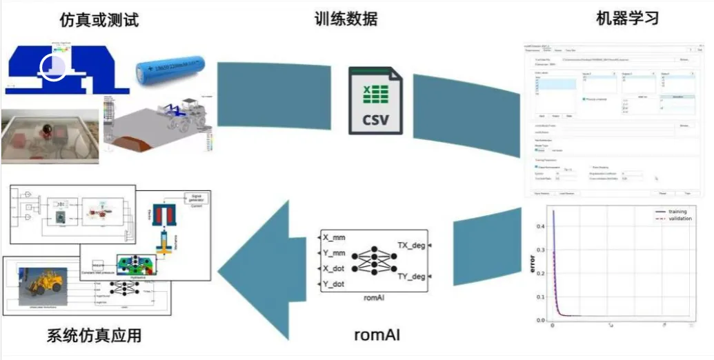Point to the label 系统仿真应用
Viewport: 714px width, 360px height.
pyautogui.click(x=94, y=336)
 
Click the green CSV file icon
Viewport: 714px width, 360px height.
pyautogui.click(x=375, y=100)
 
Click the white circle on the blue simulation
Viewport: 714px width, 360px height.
pyautogui.click(x=53, y=67)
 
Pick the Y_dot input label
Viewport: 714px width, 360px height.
pyautogui.click(x=340, y=283)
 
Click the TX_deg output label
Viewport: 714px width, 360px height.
pyautogui.click(x=413, y=245)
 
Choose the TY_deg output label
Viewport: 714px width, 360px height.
pyautogui.click(x=413, y=276)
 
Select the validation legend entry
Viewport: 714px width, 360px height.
pyautogui.click(x=675, y=219)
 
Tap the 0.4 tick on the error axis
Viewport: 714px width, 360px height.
pyautogui.click(x=541, y=226)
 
